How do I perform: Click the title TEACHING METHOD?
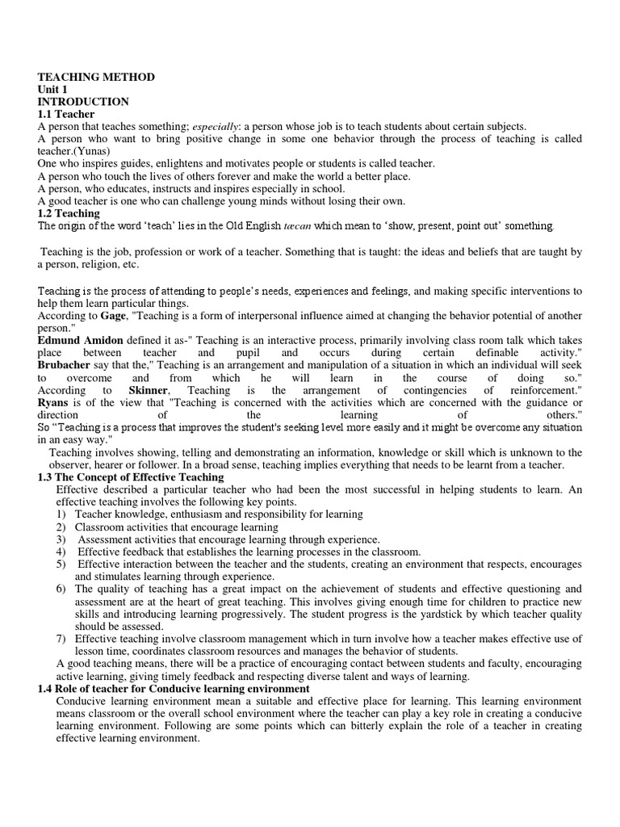pyautogui.click(x=96, y=77)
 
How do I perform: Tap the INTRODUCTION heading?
pyautogui.click(x=82, y=102)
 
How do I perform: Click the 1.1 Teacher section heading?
pyautogui.click(x=65, y=114)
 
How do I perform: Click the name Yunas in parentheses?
pyautogui.click(x=91, y=151)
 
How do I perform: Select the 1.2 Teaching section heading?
pyautogui.click(x=69, y=213)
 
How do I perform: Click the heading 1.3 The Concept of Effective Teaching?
pyautogui.click(x=131, y=477)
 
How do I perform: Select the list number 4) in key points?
pyautogui.click(x=61, y=552)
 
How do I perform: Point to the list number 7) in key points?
pyautogui.click(x=61, y=639)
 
